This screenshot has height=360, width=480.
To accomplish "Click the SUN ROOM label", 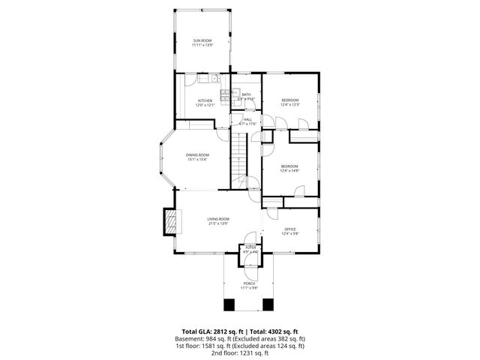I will pyautogui.click(x=202, y=40).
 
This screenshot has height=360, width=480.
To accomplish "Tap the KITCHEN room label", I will pyautogui.click(x=205, y=100).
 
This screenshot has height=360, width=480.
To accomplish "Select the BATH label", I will pyautogui.click(x=246, y=94).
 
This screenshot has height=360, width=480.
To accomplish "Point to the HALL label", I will pyautogui.click(x=247, y=119).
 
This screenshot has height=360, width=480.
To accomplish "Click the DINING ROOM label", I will pyautogui.click(x=197, y=154).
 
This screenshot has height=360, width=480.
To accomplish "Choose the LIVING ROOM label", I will pyautogui.click(x=218, y=218).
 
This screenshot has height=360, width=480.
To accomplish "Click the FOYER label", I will pyautogui.click(x=250, y=247).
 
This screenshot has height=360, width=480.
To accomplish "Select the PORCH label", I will pyautogui.click(x=249, y=283).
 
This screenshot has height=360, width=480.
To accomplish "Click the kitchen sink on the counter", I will pyautogui.click(x=214, y=77).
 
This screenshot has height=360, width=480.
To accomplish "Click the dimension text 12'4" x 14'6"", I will pyautogui.click(x=290, y=171).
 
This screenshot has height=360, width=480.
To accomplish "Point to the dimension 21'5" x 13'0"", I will pyautogui.click(x=218, y=223).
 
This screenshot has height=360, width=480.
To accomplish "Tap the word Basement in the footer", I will pyautogui.click(x=190, y=337).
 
